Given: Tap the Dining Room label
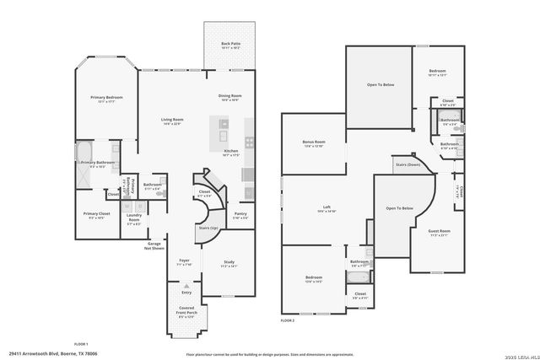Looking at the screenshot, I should [230, 98].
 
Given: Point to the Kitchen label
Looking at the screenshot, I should [230, 152].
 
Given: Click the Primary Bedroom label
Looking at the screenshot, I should [106, 99].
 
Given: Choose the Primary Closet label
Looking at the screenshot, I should [96, 215].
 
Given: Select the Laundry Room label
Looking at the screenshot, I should [134, 217].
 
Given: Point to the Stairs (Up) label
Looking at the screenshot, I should [208, 228].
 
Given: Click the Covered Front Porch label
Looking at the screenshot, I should [186, 314].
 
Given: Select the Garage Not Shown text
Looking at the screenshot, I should [154, 246].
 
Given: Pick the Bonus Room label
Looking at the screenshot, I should [314, 143].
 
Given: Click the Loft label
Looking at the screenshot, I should [326, 208].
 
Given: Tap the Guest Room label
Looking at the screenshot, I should [440, 232].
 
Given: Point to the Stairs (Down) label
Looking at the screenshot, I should [408, 164].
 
